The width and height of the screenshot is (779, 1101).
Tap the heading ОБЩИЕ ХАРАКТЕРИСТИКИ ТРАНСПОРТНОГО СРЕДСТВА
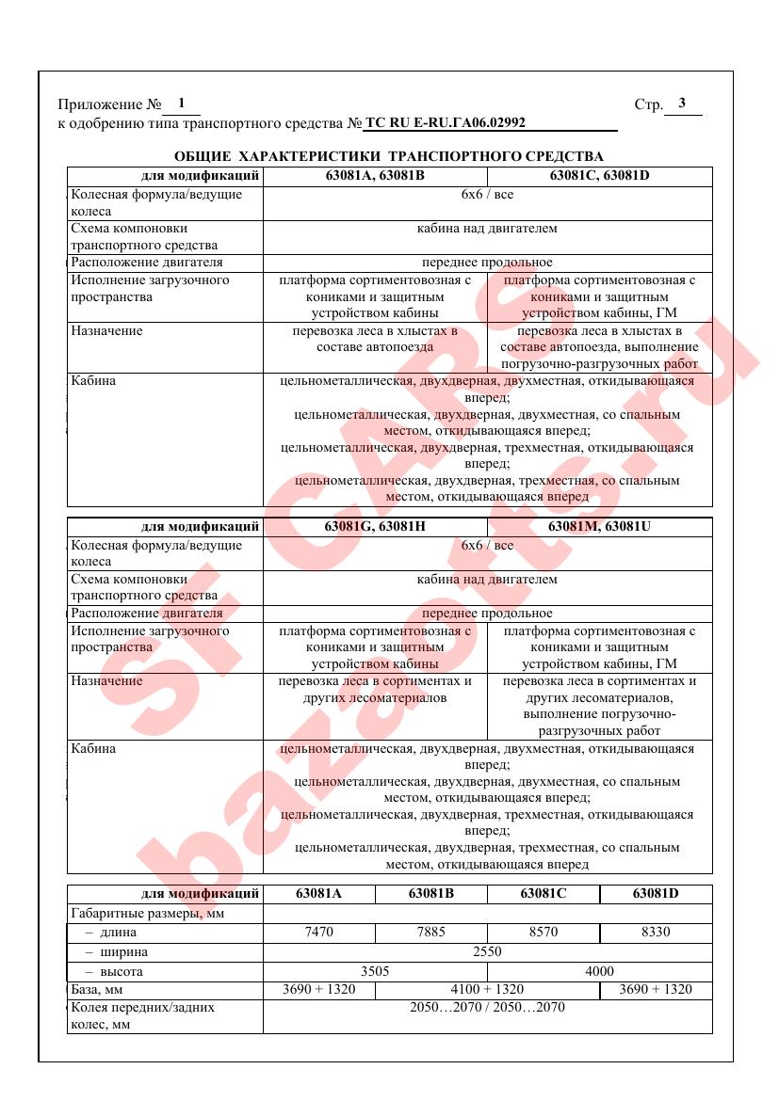[x=389, y=155]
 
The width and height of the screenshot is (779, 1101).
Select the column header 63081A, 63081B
[x=375, y=175]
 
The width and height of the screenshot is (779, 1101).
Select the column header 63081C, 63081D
[x=599, y=175]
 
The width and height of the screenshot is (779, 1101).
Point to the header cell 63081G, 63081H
[x=375, y=526]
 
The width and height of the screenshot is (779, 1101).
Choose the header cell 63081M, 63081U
[x=599, y=526]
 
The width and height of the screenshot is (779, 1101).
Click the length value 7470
[x=318, y=932]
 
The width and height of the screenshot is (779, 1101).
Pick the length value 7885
[x=430, y=932]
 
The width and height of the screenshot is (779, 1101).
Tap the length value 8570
[x=543, y=932]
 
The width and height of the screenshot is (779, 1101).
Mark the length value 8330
[x=655, y=932]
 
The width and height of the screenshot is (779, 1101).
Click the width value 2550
[x=487, y=951]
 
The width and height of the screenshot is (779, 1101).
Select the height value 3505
[x=375, y=971]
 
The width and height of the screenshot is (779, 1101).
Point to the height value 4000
[x=599, y=971]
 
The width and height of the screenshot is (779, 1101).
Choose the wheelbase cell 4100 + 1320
[x=486, y=989]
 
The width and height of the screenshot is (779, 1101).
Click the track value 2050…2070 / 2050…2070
[x=487, y=1007]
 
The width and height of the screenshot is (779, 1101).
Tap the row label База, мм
[x=98, y=989]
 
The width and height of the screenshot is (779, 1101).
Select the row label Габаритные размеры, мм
[x=138, y=913]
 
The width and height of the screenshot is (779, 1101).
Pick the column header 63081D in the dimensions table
[x=655, y=893]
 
